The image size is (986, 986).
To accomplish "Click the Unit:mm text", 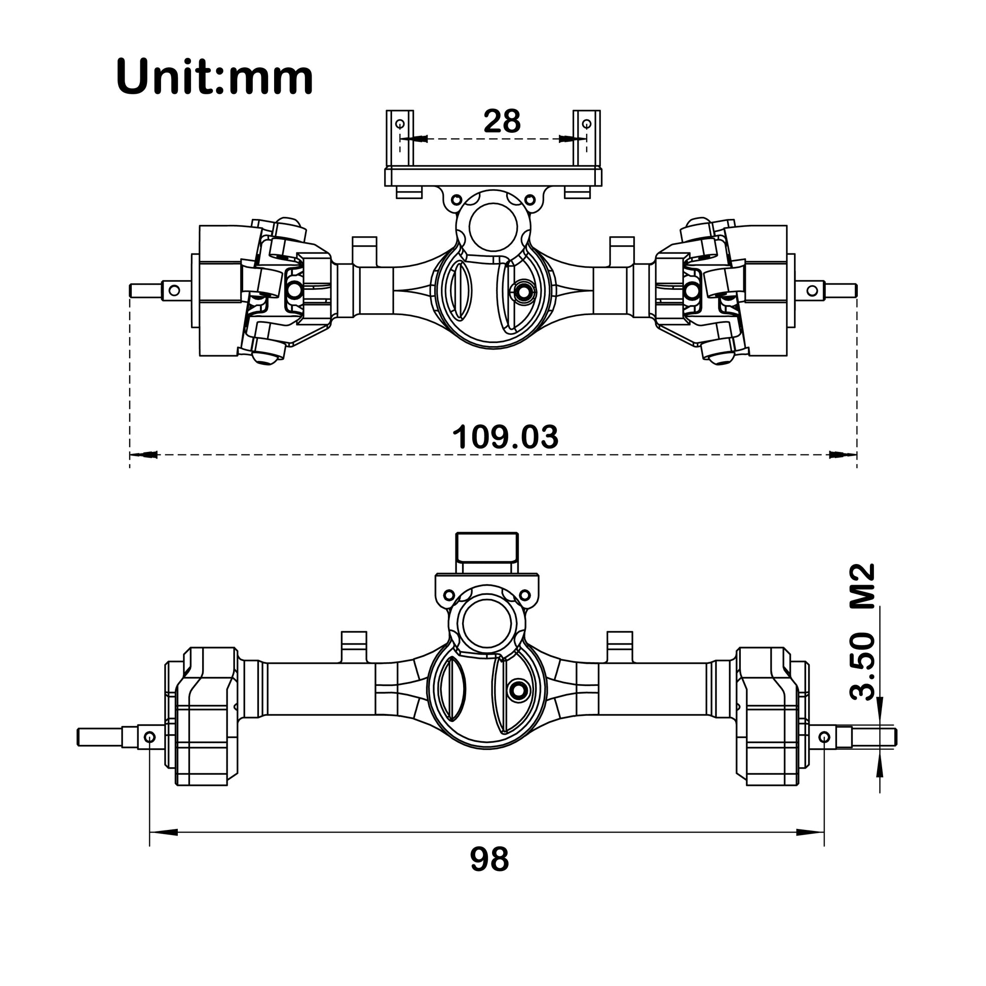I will click(x=214, y=78).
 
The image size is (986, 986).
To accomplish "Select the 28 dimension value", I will click(x=502, y=122).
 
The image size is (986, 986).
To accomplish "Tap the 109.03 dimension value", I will click(x=505, y=437).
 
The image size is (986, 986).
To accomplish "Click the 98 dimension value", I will click(x=489, y=859).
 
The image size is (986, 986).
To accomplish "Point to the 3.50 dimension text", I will click(x=862, y=666).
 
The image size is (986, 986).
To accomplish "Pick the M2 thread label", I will click(x=862, y=586).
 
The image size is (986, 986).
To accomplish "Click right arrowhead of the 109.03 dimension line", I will click(x=843, y=454).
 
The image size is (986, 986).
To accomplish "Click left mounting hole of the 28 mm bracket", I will click(x=400, y=124).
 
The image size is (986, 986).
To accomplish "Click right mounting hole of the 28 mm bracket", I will click(x=586, y=124).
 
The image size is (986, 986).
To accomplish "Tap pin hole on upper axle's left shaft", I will click(x=174, y=290).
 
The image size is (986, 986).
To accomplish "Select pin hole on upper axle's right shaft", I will click(x=812, y=290).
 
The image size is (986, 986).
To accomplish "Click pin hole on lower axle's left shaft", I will click(x=150, y=737).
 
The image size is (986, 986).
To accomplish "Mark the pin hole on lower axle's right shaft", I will click(x=825, y=737).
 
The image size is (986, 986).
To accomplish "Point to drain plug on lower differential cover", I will click(x=518, y=690).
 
